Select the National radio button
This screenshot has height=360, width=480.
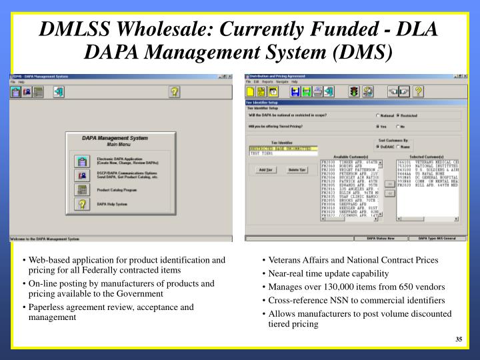378,114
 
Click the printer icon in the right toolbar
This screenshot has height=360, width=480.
319,91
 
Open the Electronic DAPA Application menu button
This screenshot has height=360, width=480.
83,161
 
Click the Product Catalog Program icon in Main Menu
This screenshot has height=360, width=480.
83,190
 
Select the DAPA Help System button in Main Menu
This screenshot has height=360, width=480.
83,204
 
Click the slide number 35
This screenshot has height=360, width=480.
459,340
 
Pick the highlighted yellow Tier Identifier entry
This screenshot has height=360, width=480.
280,148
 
